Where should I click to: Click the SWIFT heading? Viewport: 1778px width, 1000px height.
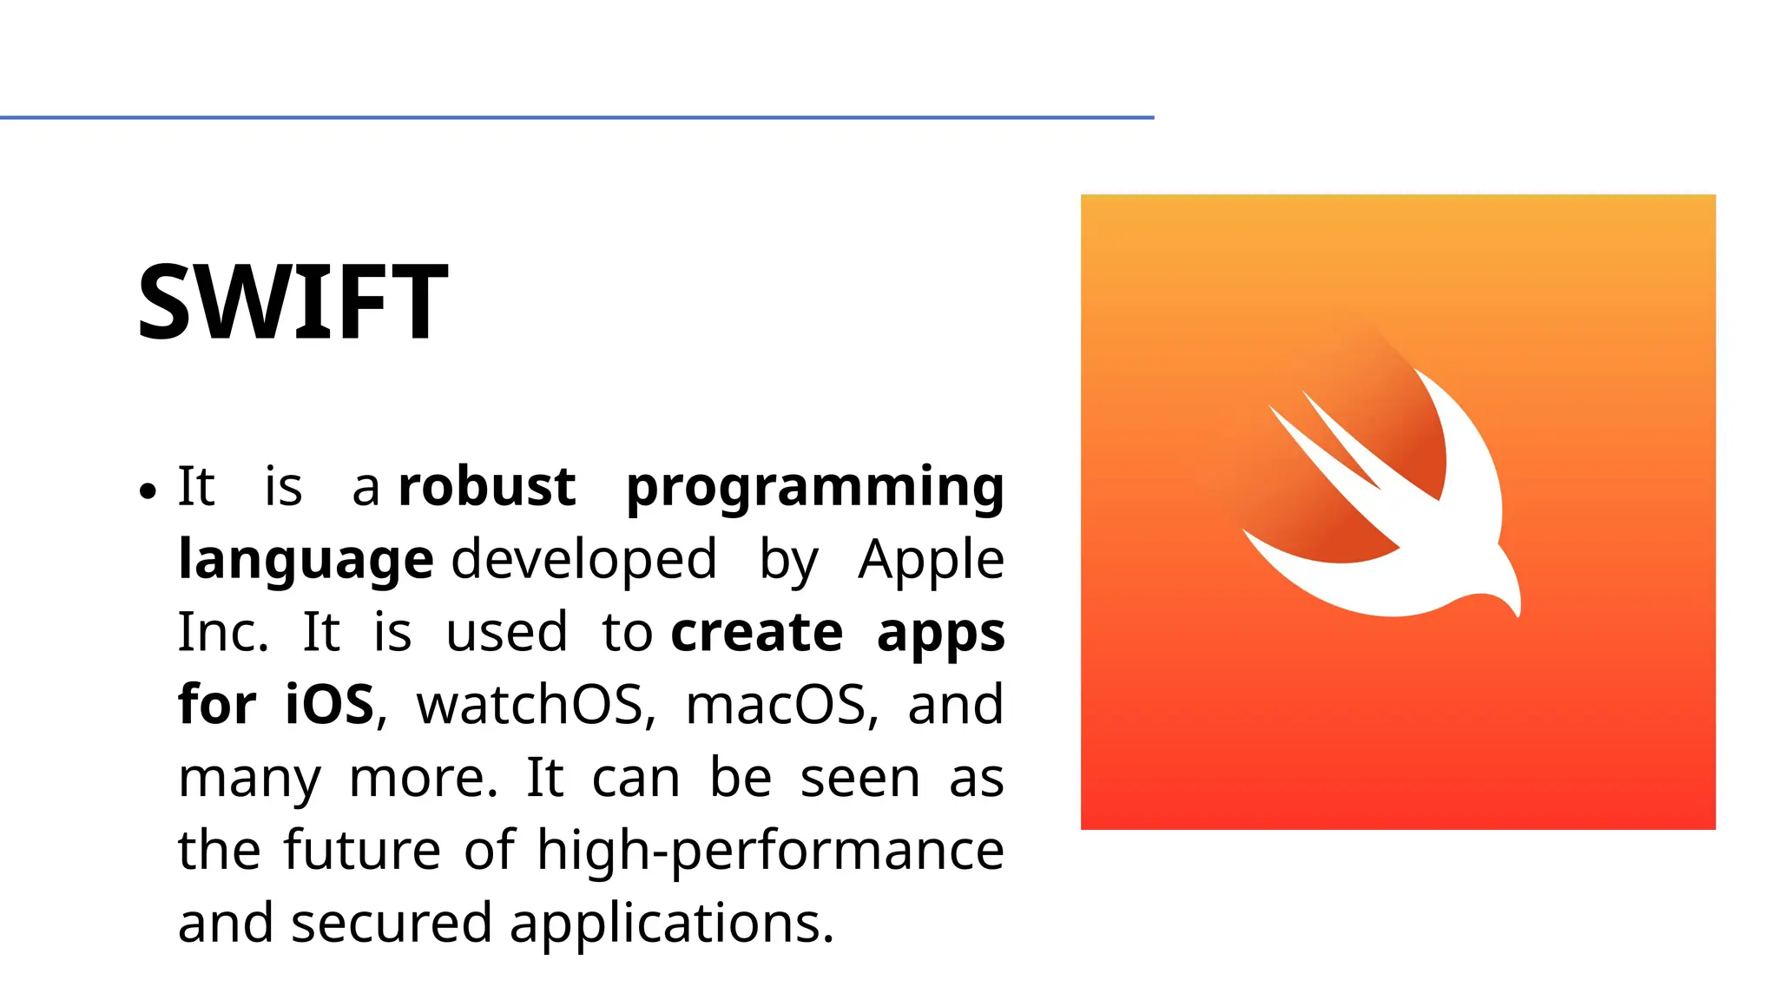coord(293,302)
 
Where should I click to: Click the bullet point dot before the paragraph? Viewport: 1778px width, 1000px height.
coord(148,491)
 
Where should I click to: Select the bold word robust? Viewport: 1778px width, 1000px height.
coord(486,486)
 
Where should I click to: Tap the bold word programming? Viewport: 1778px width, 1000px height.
coord(814,488)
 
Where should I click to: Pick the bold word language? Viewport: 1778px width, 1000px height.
coord(306,561)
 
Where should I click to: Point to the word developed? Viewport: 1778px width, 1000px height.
coord(584,559)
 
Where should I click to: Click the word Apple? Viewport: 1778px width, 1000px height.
coord(931,561)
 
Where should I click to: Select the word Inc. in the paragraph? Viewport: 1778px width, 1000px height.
coord(223,632)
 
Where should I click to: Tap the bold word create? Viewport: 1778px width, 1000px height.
coord(756,632)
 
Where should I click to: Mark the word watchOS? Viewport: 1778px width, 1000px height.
coord(533,704)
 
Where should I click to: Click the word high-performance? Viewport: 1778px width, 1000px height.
coord(770,851)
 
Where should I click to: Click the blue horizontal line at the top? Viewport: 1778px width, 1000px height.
coord(576,117)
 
